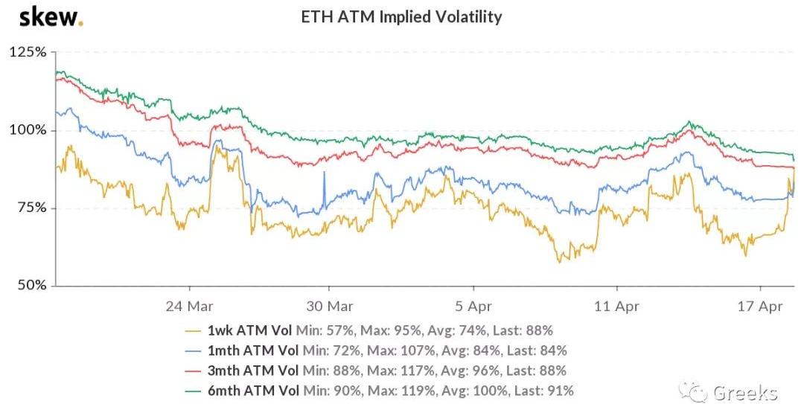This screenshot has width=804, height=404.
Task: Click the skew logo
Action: click(x=51, y=16)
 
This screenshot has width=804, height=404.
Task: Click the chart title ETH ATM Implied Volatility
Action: click(x=401, y=16)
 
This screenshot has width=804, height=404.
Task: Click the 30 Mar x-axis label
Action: click(x=331, y=305)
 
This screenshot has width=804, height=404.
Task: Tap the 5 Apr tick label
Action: click(x=473, y=305)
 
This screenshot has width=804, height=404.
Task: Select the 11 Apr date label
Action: click(x=617, y=305)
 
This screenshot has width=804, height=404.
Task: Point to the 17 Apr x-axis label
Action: click(x=760, y=305)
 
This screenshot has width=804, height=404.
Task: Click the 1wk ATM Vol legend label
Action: click(x=252, y=330)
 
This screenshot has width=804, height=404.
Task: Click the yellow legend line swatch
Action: click(x=197, y=330)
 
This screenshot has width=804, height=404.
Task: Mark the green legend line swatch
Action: click(x=197, y=391)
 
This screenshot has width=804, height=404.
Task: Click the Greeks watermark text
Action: click(x=745, y=392)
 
